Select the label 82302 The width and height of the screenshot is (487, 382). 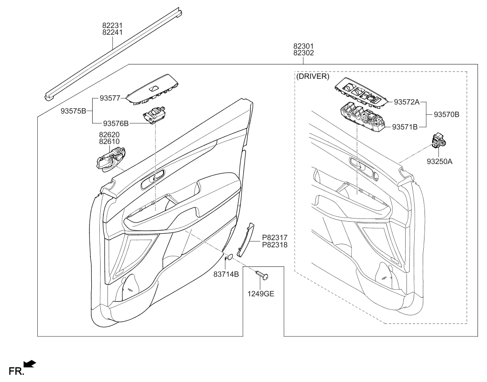[x=304, y=53]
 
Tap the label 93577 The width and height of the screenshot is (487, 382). [x=110, y=98]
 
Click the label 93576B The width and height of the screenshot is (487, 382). [x=116, y=123]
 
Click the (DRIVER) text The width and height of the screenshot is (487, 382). [x=313, y=77]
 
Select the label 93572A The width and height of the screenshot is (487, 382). [x=407, y=102]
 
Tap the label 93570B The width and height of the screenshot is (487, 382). [x=446, y=114]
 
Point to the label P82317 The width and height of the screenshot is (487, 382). [x=275, y=237]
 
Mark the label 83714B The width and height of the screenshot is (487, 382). [x=226, y=274]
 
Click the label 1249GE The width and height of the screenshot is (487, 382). [x=261, y=294]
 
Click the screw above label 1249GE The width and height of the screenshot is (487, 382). [x=261, y=274]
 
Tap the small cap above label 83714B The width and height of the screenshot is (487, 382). [x=228, y=257]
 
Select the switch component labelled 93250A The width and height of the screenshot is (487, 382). [x=438, y=141]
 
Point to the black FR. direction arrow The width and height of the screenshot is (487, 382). [x=30, y=364]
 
